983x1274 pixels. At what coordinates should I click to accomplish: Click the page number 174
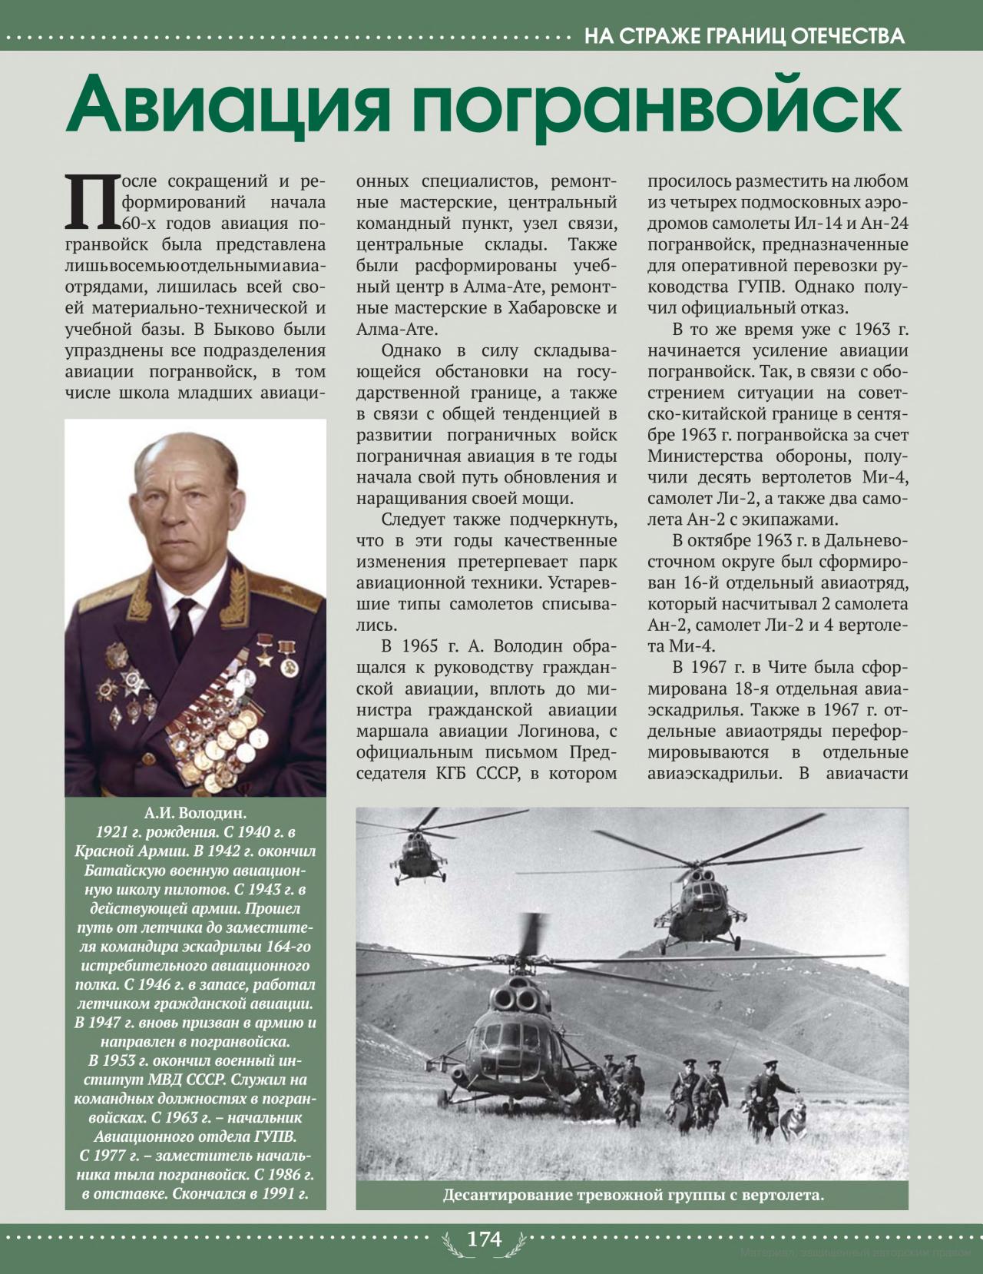[485, 1239]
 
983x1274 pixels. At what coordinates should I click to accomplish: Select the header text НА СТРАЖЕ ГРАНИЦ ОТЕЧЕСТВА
[743, 36]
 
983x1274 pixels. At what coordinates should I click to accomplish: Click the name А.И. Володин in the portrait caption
[195, 813]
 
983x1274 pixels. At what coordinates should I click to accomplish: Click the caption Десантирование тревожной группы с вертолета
[633, 1195]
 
